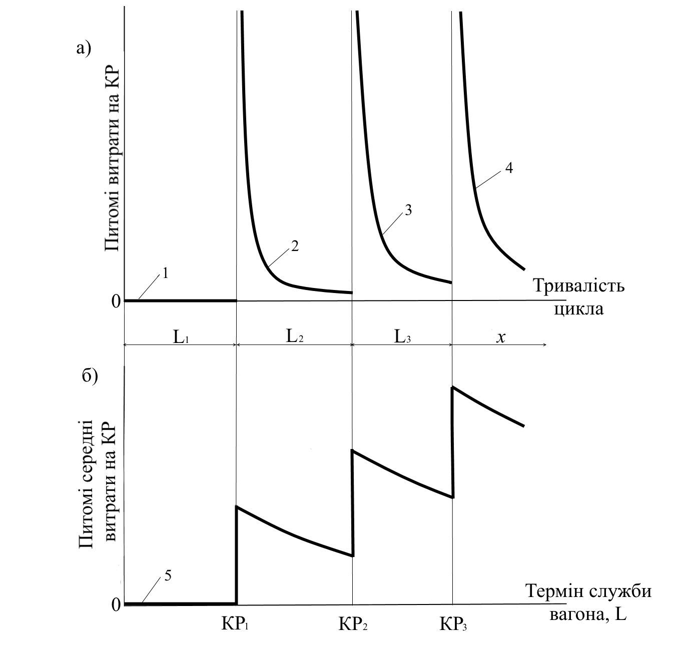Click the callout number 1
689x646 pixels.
(165, 273)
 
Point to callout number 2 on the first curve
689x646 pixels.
(295, 246)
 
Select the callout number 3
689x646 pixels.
(408, 210)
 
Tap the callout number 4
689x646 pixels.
(509, 168)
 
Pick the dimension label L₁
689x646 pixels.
(181, 336)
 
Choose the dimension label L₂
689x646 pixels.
(294, 335)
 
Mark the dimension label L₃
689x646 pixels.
(402, 336)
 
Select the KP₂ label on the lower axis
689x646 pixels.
(353, 624)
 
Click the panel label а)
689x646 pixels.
(84, 48)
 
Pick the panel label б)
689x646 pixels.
(90, 376)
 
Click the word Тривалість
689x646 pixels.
(578, 286)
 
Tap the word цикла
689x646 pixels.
(578, 309)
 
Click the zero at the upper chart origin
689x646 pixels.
(116, 301)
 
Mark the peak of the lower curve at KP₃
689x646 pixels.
(453, 387)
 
